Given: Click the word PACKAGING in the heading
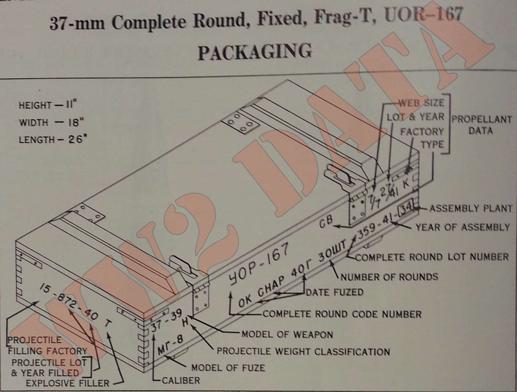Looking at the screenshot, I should (x=255, y=52).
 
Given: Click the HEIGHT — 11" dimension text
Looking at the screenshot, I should (x=48, y=105).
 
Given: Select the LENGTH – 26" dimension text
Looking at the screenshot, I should (x=53, y=140).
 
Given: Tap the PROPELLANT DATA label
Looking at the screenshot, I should (x=481, y=125).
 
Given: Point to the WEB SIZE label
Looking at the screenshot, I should (x=422, y=103).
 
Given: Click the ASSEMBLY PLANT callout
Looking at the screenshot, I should (x=470, y=208).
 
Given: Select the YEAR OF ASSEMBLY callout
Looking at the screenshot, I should (x=462, y=227).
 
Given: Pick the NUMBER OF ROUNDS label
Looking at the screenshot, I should (x=389, y=277).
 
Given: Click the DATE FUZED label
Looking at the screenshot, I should (x=334, y=292).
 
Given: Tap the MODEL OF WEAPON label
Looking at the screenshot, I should (x=287, y=334).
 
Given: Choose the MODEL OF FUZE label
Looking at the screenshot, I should (x=228, y=368).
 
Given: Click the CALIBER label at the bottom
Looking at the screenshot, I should (x=181, y=380).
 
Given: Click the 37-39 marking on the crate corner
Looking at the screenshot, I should (x=167, y=320).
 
